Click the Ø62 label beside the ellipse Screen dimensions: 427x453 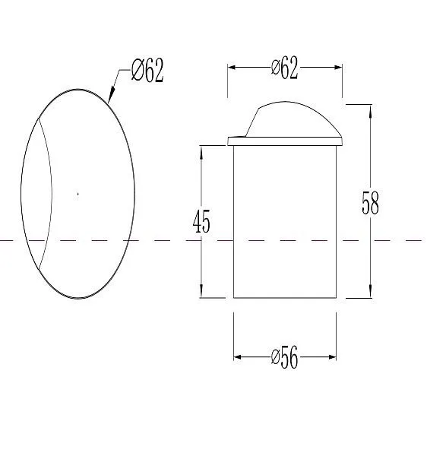pos(147,70)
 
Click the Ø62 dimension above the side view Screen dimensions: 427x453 pos(284,68)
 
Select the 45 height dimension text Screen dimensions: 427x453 pos(201,221)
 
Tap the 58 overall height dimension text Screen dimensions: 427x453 pos(370,202)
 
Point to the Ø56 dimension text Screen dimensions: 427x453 pos(284,357)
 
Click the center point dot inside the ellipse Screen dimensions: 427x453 pos(77,194)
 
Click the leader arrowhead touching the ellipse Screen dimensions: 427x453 pos(111,95)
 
